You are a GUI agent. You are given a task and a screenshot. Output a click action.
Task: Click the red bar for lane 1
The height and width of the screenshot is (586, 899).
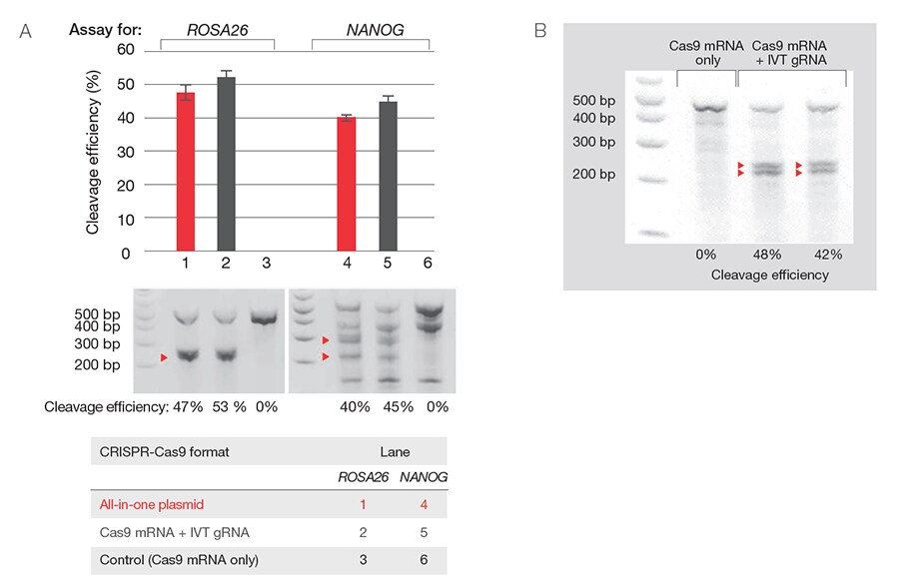click(x=186, y=173)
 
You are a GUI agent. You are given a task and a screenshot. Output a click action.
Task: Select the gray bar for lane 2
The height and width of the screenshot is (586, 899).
click(x=226, y=165)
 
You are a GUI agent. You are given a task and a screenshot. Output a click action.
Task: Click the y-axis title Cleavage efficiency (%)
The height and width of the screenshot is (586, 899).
click(x=93, y=151)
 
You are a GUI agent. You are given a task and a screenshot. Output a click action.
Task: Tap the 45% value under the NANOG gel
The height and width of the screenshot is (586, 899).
click(x=385, y=407)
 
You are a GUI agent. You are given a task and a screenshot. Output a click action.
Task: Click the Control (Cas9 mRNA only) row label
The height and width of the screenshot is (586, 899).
click(x=179, y=560)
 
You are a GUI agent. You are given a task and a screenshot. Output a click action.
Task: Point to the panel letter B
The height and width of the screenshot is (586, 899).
click(x=540, y=31)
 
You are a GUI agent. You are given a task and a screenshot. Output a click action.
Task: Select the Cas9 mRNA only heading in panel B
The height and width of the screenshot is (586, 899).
click(x=700, y=52)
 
